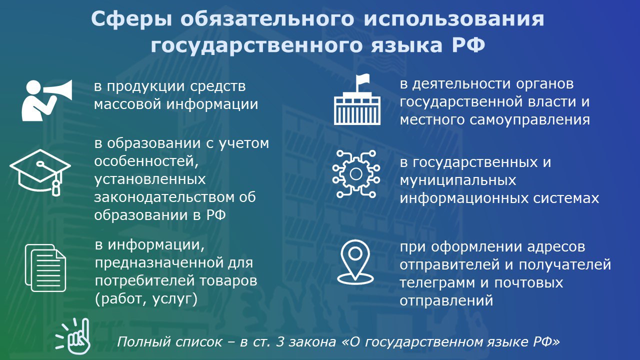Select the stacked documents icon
pos(45,267)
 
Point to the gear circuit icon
pos(356,173)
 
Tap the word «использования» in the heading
pos(454,19)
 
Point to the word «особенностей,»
pos(146,161)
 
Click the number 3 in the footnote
pos(280,342)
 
